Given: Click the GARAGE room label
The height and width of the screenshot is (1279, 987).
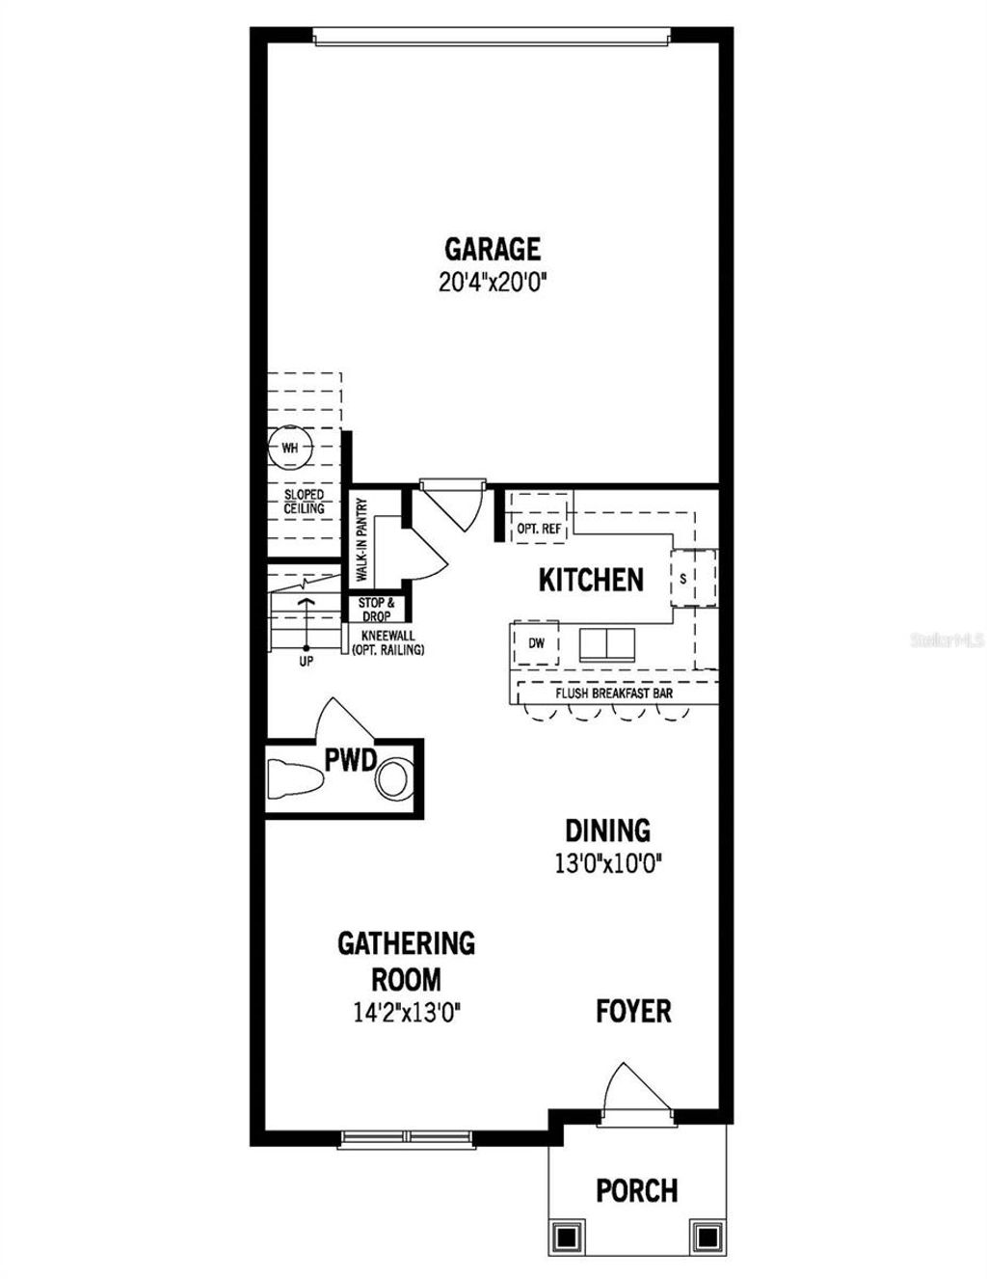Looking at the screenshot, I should (492, 249).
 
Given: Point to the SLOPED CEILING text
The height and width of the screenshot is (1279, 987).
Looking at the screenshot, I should (304, 502).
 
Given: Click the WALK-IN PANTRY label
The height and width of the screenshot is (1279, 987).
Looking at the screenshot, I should (362, 539).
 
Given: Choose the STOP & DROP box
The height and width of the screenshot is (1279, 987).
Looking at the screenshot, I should (377, 610).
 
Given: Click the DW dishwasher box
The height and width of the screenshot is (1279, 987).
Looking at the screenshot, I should (536, 643).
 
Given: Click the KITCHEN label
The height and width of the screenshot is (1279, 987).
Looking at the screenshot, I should (590, 580).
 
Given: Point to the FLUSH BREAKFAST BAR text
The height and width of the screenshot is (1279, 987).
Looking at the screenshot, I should (614, 693).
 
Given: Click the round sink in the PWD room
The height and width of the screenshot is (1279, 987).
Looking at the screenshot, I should (394, 778).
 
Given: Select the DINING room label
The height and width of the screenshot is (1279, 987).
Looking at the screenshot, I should (607, 830).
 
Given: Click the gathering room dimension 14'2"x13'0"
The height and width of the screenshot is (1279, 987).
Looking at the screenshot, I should (406, 1014).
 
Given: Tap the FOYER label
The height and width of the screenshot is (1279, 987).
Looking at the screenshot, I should (633, 1011).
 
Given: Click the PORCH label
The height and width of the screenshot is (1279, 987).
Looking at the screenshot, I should (636, 1190).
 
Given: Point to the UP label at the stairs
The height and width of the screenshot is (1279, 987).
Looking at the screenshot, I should (306, 663).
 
